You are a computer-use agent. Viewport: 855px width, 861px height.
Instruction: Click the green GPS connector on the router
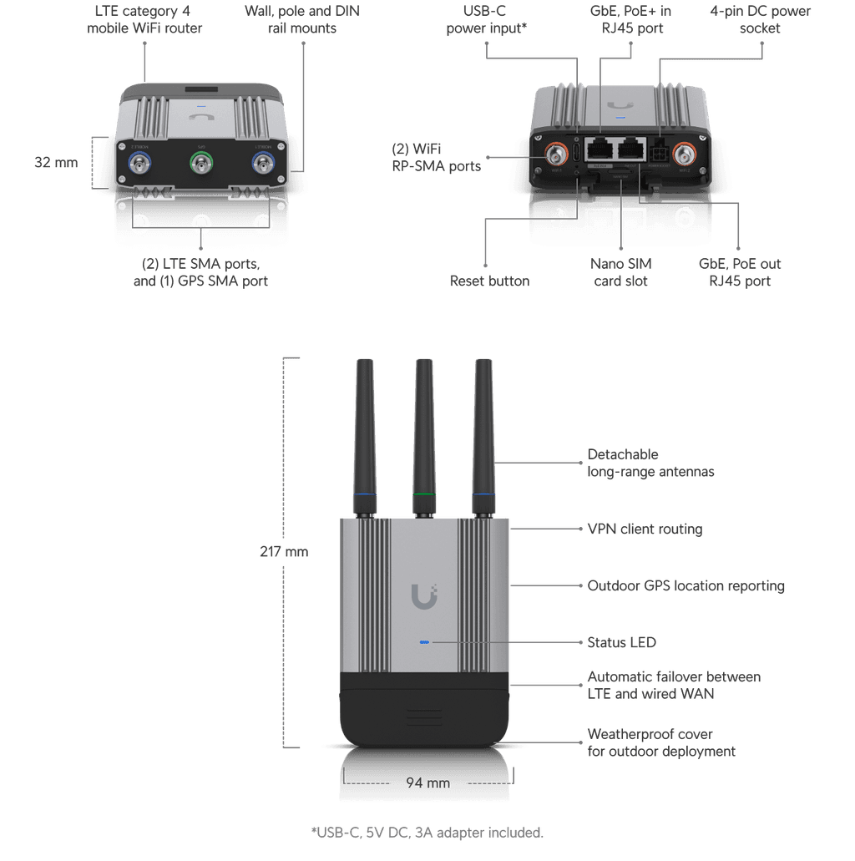tap(201, 162)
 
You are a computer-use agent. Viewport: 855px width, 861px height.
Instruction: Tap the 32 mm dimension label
tap(55, 162)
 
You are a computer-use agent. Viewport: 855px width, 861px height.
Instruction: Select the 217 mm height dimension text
tap(284, 551)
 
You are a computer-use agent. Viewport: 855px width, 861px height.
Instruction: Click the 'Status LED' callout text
tap(621, 642)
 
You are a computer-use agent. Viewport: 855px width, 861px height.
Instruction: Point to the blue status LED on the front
tap(424, 643)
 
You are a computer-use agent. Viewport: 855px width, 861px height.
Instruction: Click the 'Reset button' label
tap(489, 281)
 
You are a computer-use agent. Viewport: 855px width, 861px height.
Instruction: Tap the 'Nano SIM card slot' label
tap(621, 272)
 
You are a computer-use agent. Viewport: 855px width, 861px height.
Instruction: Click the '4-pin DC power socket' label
tap(760, 19)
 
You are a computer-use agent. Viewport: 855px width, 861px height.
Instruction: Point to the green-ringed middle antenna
tap(424, 434)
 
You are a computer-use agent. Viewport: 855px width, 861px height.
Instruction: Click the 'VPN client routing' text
tap(644, 529)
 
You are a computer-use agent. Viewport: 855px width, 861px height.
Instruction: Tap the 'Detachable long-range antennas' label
tap(650, 463)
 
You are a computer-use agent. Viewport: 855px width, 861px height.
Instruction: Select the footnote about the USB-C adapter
tap(427, 832)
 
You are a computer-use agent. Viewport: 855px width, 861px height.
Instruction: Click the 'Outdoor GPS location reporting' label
tap(686, 585)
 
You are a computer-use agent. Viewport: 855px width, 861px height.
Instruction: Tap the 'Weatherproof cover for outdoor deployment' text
tap(661, 742)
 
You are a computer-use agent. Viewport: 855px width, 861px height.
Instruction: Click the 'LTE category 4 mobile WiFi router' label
tap(144, 19)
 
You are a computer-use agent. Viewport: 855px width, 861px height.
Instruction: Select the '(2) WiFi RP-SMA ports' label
tap(437, 157)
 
